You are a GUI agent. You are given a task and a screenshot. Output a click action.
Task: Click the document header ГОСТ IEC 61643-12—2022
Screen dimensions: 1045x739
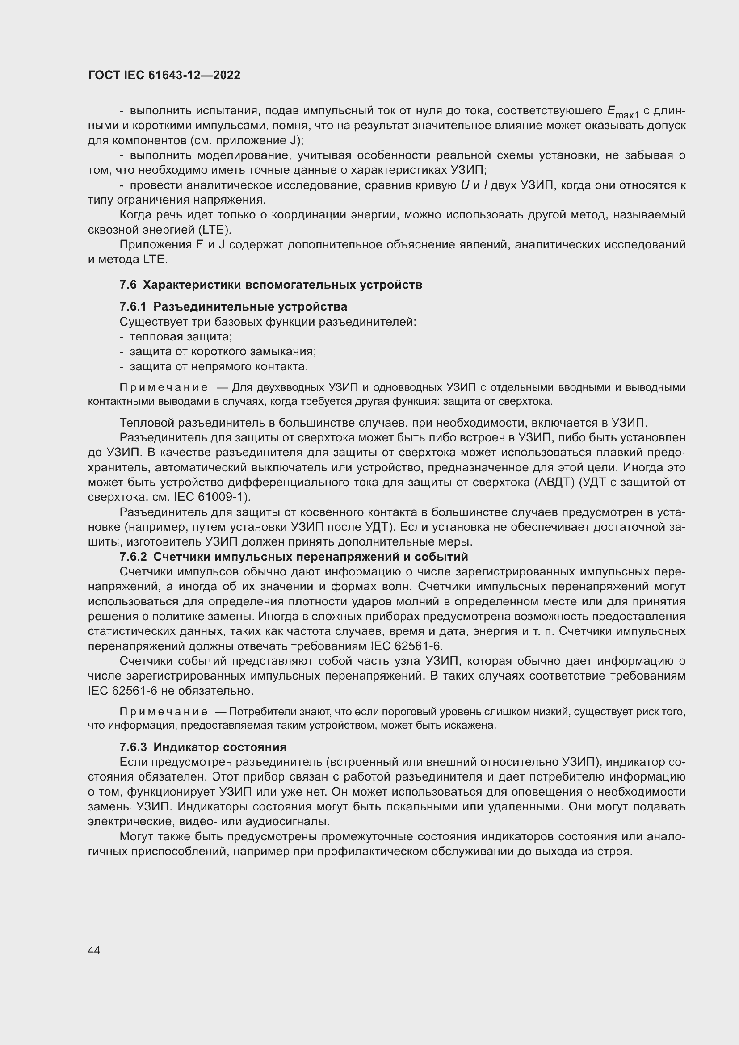pos(164,75)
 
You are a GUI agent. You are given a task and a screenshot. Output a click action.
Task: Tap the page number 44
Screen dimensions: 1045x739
pos(94,950)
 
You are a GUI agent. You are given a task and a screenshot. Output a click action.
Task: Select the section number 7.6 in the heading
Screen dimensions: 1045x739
pos(128,285)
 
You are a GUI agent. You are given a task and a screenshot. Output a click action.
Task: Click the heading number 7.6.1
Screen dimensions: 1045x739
pos(133,306)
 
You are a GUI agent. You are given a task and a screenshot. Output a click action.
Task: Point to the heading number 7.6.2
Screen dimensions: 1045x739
pos(133,557)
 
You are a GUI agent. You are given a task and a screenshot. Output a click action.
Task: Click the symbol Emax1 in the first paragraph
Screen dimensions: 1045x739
pos(622,112)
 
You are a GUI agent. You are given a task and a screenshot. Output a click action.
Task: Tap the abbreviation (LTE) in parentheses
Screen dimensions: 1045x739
pos(216,230)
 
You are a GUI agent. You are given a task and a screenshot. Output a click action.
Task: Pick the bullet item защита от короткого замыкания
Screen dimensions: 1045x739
pos(223,351)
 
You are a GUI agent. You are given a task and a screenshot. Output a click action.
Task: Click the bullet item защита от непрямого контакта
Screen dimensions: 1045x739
pos(219,366)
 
